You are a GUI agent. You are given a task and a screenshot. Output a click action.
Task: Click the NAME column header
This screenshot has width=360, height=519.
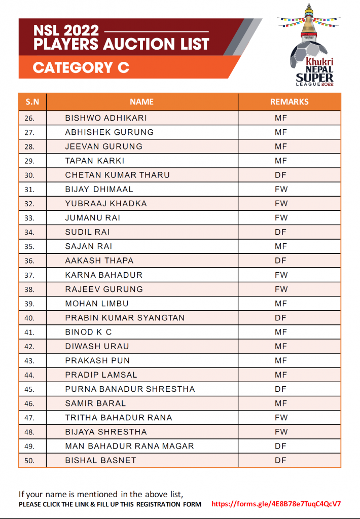tap(141, 101)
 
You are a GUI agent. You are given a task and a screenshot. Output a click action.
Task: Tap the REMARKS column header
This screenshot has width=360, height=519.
tap(289, 101)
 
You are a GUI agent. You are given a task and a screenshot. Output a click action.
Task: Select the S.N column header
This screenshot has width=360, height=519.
tap(32, 101)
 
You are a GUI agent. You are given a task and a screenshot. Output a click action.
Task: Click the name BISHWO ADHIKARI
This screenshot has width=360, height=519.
tap(106, 118)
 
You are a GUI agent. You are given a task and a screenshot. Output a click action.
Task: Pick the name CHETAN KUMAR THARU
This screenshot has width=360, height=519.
tap(117, 175)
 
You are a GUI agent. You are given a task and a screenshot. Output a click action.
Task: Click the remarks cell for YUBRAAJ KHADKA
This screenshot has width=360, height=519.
tap(281, 204)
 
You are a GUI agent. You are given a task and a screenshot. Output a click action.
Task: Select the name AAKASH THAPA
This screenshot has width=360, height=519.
tap(99, 261)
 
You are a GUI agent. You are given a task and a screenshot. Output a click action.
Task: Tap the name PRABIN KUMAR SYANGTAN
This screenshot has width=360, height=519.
tap(125, 318)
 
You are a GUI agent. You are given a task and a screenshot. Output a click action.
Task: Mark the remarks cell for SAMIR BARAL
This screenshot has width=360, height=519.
tap(281, 403)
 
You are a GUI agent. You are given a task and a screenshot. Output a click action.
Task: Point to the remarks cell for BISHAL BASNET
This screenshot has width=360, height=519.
tap(281, 461)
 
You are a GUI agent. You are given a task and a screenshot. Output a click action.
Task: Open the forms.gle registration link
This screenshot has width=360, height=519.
tap(276, 504)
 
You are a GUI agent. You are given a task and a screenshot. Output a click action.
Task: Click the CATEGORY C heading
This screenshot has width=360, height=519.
tap(81, 67)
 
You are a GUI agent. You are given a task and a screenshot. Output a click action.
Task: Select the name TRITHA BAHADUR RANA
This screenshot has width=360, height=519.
tap(119, 418)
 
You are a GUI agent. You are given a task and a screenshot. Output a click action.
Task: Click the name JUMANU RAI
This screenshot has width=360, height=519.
tap(93, 218)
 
